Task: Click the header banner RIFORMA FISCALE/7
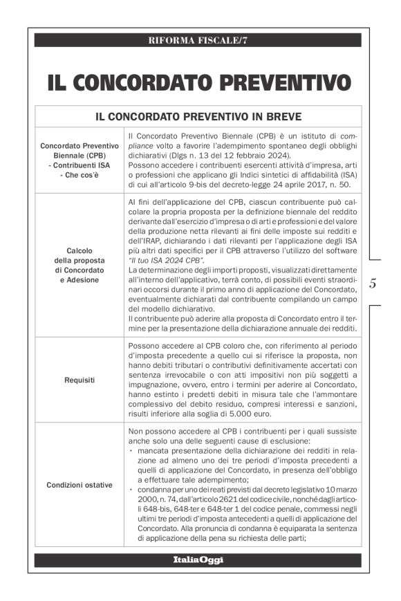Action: coord(197,40)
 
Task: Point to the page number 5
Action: coord(373,284)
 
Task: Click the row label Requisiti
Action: coord(80,380)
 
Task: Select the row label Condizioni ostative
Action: coord(80,485)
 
